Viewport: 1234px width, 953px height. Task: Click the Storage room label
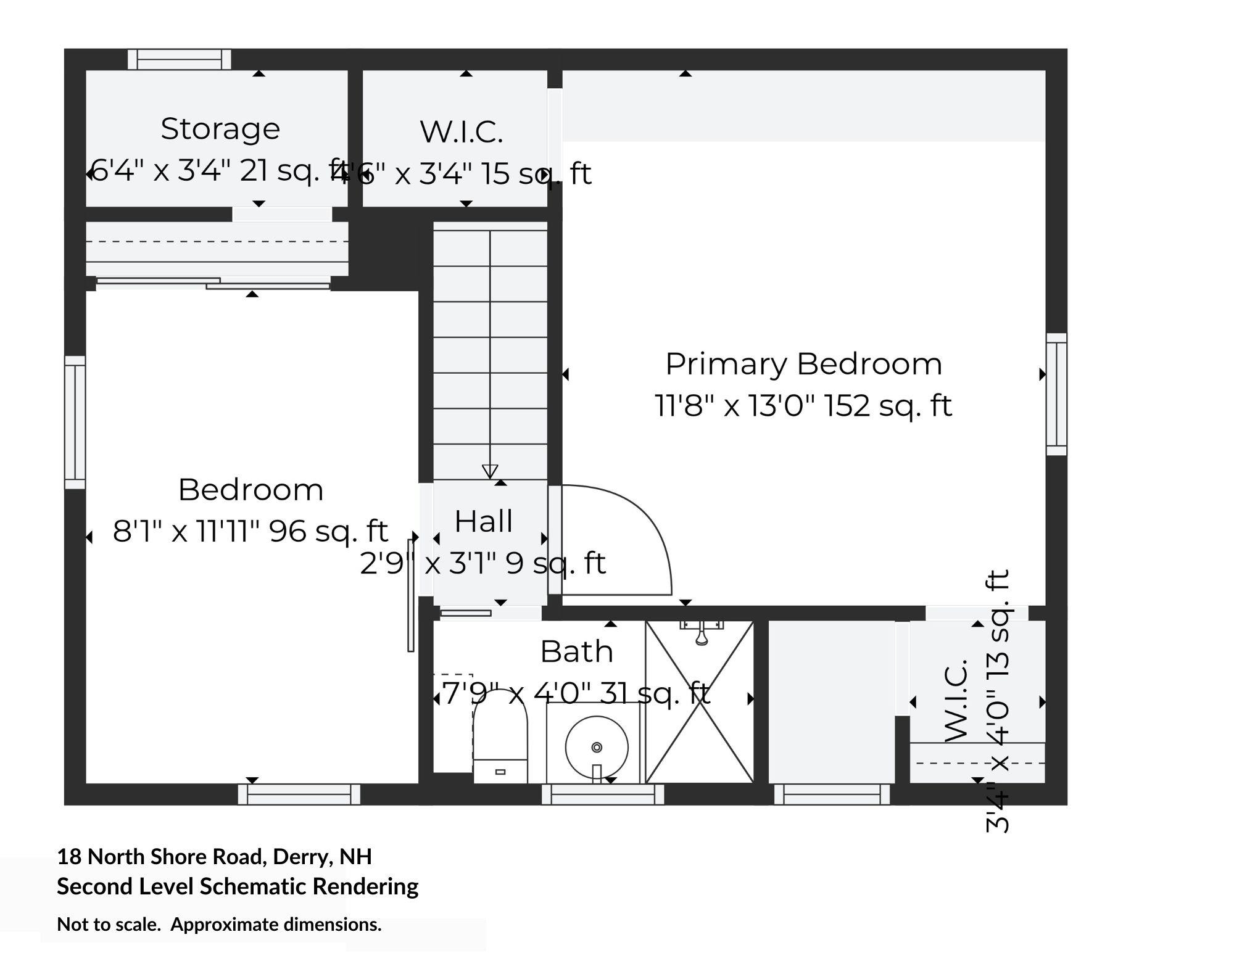click(220, 129)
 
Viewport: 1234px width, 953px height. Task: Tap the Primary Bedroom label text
click(803, 364)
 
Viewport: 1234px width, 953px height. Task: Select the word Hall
click(484, 521)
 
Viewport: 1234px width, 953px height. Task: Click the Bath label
click(576, 651)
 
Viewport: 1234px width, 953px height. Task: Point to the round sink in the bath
click(596, 747)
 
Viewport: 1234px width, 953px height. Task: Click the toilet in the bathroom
click(500, 737)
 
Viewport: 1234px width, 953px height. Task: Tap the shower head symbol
click(701, 634)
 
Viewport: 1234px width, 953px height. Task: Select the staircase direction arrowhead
click(490, 471)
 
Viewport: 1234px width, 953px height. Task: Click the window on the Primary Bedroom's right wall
click(1056, 395)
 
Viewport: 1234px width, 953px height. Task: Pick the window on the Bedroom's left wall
click(75, 423)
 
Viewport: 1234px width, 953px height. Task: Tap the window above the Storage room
click(180, 59)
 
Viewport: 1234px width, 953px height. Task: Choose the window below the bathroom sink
click(603, 794)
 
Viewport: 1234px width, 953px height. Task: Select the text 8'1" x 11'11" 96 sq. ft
click(250, 531)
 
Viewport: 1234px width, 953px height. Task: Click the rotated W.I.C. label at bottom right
click(955, 700)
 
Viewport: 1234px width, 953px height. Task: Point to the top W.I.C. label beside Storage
click(462, 132)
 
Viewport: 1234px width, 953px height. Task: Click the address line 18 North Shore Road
click(214, 857)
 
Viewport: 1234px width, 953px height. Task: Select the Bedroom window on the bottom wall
click(299, 794)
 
